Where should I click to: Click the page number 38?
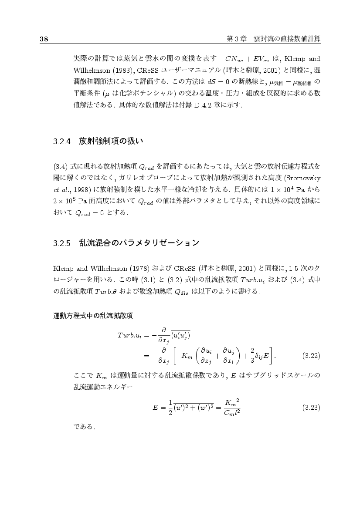(44, 39)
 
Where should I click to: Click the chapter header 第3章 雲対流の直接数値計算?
(274, 39)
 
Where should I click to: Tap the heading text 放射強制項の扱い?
(111, 141)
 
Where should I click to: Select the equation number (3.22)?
(311, 355)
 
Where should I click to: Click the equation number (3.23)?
(311, 408)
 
